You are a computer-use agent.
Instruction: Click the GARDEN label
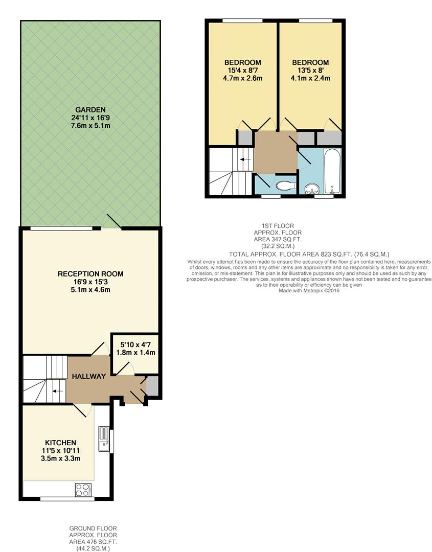coord(90,109)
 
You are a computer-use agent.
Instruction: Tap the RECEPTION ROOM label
coord(90,273)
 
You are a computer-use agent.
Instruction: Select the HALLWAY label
coord(89,376)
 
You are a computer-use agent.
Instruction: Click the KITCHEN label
coord(60,443)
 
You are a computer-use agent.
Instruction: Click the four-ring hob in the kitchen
coord(83,490)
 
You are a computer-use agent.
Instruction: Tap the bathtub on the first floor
coord(333,171)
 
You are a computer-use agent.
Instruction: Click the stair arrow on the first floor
coord(245,159)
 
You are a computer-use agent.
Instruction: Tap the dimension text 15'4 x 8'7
coord(242,70)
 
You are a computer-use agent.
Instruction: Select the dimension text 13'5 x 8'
coord(310,70)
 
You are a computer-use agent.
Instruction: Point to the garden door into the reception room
coord(112,221)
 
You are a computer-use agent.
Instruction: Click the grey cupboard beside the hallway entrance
coord(152,386)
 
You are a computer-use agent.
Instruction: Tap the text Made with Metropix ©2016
coord(309,290)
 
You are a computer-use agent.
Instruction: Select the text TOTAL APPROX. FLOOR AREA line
coord(309,254)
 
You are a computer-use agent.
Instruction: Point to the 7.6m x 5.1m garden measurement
coord(90,126)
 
